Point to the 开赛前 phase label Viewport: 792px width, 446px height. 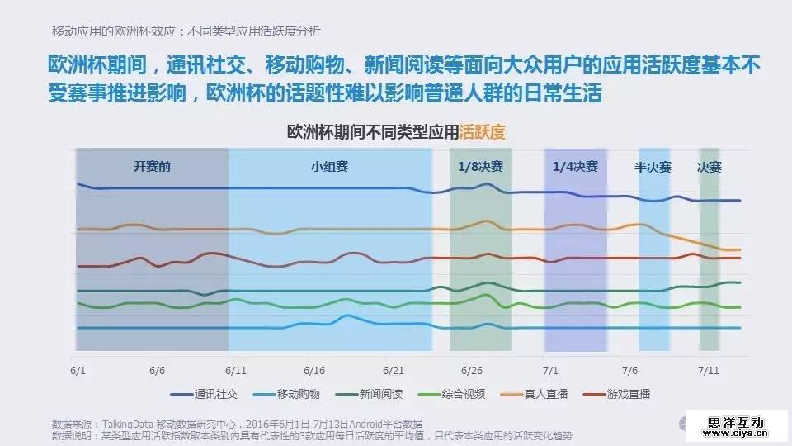coord(153,166)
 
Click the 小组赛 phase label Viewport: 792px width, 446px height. coord(330,166)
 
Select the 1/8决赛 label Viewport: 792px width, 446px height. coord(480,166)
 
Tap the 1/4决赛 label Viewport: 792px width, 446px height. coord(575,166)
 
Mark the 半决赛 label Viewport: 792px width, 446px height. coord(653,166)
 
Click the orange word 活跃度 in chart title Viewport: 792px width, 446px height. coord(483,132)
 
